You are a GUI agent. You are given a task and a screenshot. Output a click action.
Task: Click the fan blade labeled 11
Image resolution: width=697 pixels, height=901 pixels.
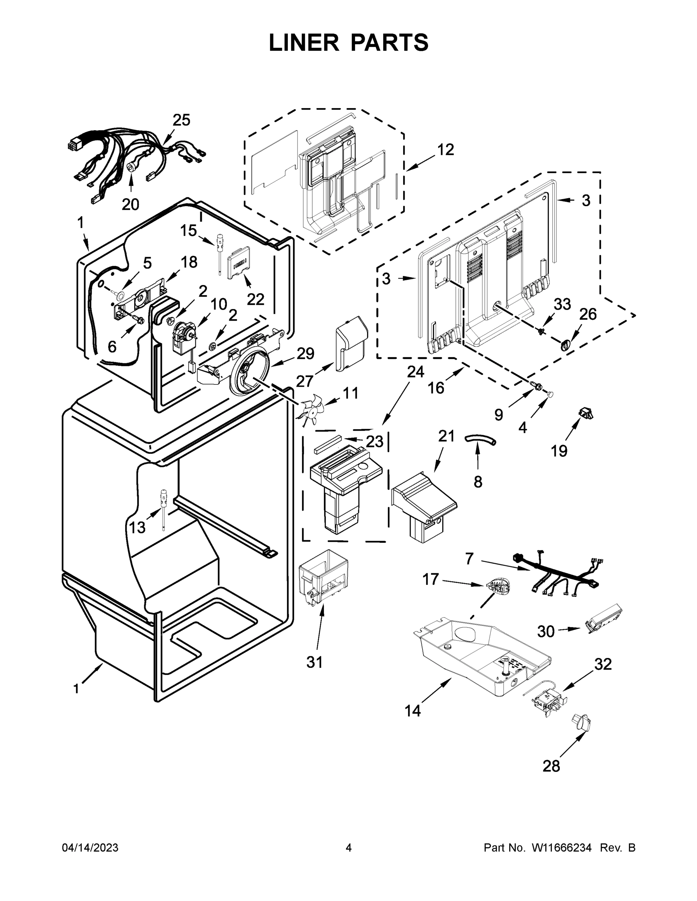tap(310, 410)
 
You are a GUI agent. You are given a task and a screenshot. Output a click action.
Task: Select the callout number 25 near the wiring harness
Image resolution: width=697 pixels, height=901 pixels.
tap(181, 120)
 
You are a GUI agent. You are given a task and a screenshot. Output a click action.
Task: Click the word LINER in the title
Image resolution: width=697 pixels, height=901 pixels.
tap(304, 42)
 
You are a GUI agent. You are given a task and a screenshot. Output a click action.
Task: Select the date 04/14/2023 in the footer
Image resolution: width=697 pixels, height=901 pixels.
tap(90, 847)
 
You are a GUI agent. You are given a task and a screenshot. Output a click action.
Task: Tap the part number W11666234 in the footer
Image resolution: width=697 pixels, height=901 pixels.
tap(562, 847)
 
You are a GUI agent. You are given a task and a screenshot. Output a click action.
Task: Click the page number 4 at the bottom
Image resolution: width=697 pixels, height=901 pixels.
tap(349, 847)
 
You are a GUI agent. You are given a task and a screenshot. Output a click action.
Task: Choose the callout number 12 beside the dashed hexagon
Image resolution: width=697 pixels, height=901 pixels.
tap(446, 149)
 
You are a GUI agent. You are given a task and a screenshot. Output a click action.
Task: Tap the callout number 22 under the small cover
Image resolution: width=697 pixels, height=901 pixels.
tap(255, 299)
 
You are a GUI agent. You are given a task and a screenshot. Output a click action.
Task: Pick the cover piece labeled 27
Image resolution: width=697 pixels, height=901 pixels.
tap(351, 343)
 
